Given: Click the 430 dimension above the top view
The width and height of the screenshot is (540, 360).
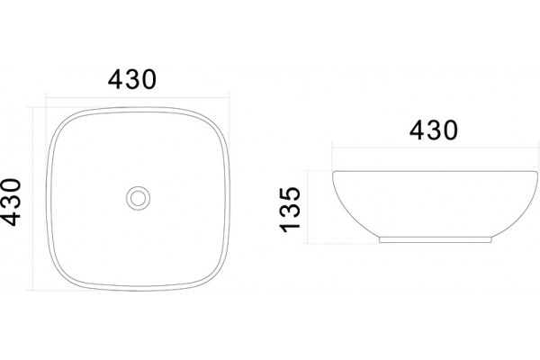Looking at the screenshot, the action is (132, 79).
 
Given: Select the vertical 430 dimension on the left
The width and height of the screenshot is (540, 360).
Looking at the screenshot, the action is (11, 202).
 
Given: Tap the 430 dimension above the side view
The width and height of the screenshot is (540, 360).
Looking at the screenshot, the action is (434, 130).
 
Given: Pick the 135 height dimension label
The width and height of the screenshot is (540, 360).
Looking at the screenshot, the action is (290, 210).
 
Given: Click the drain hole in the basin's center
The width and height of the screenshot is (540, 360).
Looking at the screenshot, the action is (138, 198).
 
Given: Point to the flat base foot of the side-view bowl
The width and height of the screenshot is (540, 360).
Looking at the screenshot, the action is (436, 239).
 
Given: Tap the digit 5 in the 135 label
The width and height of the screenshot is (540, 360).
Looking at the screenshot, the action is (290, 194).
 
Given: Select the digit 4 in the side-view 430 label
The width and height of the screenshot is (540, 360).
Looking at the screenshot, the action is (417, 130).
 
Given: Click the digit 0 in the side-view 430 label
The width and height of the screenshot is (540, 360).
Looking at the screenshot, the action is (451, 130).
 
